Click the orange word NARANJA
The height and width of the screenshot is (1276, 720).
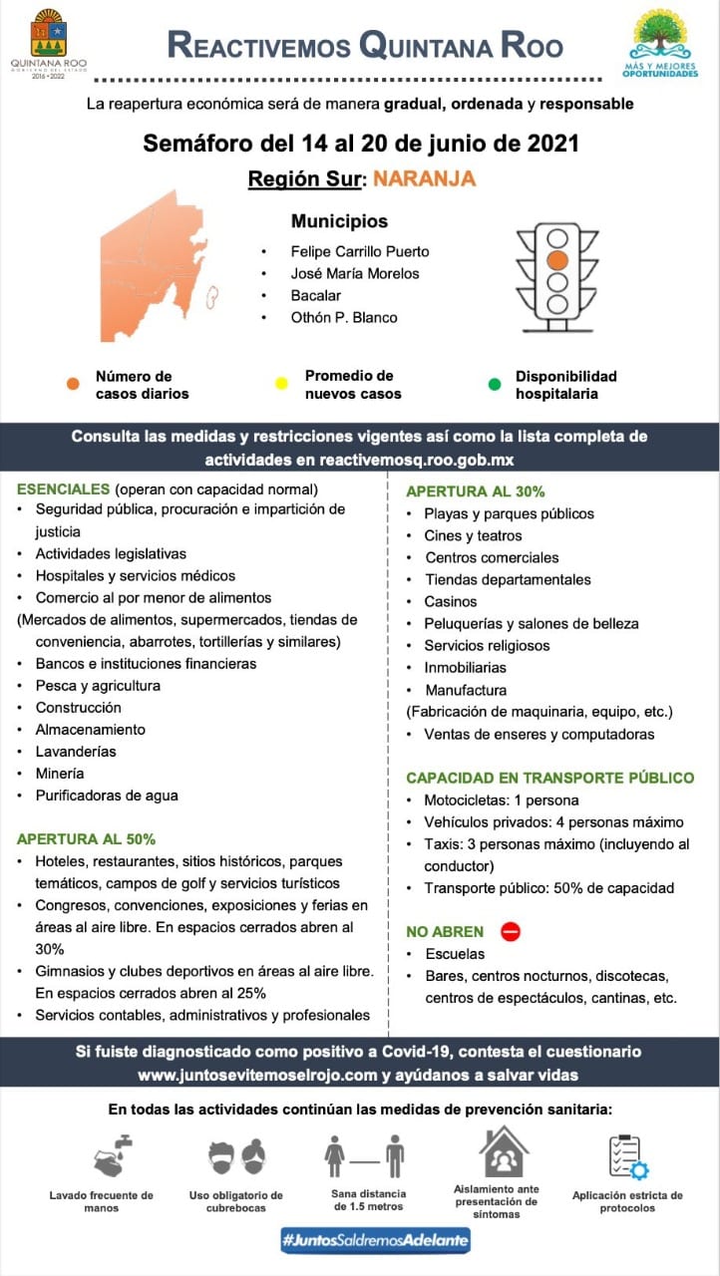coord(424,179)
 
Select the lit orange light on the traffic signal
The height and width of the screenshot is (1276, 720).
coord(557,260)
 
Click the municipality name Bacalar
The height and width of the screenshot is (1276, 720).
coord(315,295)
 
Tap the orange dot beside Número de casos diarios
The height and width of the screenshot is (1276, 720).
coord(73,384)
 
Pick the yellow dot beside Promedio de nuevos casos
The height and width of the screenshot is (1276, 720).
coord(281,384)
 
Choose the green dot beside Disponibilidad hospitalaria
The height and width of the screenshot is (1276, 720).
coord(495,384)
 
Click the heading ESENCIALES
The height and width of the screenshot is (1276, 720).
coord(63,489)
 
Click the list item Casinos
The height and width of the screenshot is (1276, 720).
coord(451,601)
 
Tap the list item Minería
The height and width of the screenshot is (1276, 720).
coord(60,773)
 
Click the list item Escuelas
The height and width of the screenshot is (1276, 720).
coord(455,954)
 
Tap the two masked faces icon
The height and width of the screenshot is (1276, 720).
coord(236,1156)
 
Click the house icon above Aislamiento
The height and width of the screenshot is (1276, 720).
coord(505,1151)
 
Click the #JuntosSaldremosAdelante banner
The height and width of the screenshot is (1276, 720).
coord(375,1240)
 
